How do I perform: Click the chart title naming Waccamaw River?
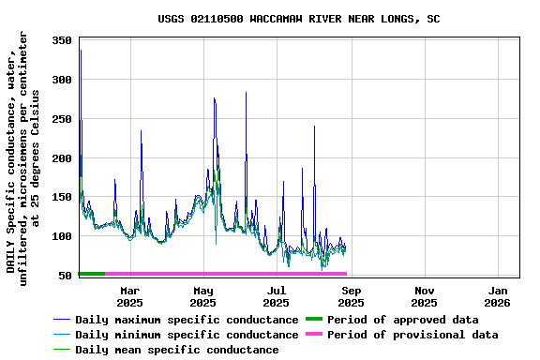(x=298, y=19)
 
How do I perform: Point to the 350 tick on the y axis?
(x=63, y=41)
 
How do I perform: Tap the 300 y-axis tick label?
(x=63, y=81)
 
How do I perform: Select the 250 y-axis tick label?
(x=63, y=119)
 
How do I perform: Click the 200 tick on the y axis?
(x=63, y=158)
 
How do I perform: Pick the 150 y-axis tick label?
(x=63, y=198)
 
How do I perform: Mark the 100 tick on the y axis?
(x=63, y=236)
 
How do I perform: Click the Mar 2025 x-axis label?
(x=129, y=296)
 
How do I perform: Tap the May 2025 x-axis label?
(x=203, y=296)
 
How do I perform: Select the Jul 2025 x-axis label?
(x=277, y=296)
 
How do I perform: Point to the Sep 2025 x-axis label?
(x=351, y=296)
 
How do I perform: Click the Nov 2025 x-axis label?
(x=424, y=296)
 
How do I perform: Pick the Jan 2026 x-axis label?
(x=498, y=296)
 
